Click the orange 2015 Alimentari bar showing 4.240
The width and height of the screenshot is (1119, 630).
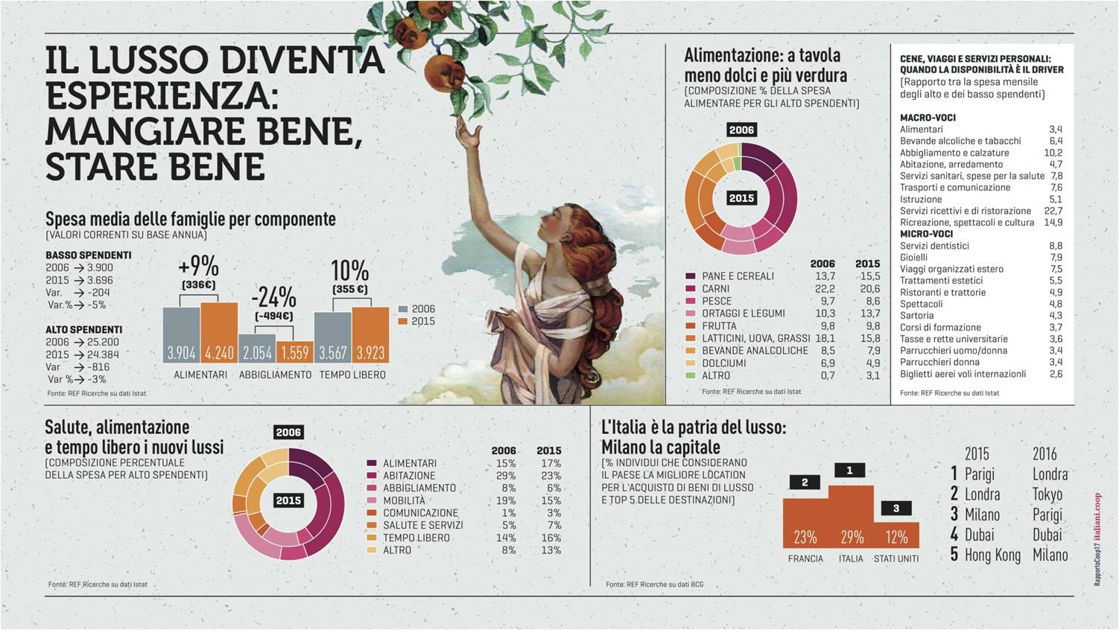click(219, 333)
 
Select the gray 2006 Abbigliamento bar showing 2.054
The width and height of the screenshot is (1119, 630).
click(257, 349)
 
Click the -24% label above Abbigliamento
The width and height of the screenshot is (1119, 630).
click(274, 298)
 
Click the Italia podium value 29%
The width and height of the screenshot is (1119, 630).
click(852, 537)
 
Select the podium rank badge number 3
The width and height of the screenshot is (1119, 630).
click(895, 508)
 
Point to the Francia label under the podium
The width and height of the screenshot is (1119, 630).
click(805, 559)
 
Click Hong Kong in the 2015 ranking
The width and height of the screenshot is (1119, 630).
click(992, 555)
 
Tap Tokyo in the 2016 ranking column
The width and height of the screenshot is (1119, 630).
click(1047, 494)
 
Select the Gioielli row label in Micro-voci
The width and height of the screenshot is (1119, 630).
click(916, 257)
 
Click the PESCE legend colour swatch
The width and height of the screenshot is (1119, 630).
click(690, 301)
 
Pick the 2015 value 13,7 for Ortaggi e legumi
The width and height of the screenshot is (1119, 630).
click(868, 314)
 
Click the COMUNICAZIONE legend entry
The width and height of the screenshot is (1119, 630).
click(420, 512)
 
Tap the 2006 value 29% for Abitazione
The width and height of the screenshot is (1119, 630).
click(505, 476)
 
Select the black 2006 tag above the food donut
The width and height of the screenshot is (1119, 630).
click(741, 130)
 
